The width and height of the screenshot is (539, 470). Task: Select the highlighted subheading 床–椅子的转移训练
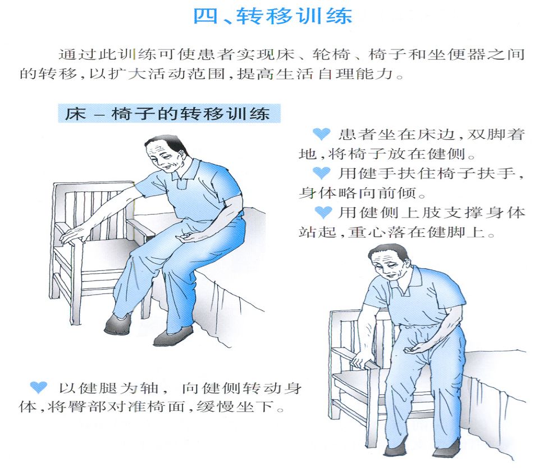tap(168, 114)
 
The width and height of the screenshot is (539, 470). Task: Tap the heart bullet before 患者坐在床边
tap(321, 134)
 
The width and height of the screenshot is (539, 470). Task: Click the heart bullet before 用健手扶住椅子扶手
tap(321, 173)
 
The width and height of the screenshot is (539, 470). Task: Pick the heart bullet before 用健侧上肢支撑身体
tap(321, 213)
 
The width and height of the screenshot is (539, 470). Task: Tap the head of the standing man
tap(389, 262)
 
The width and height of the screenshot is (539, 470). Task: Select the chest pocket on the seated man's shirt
tap(182, 183)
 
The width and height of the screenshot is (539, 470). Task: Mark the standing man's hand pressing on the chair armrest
tap(359, 365)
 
